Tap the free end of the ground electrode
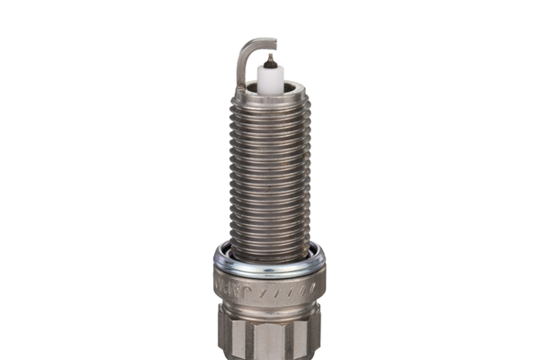273,42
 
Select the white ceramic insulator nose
268,76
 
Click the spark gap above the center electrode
268,50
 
